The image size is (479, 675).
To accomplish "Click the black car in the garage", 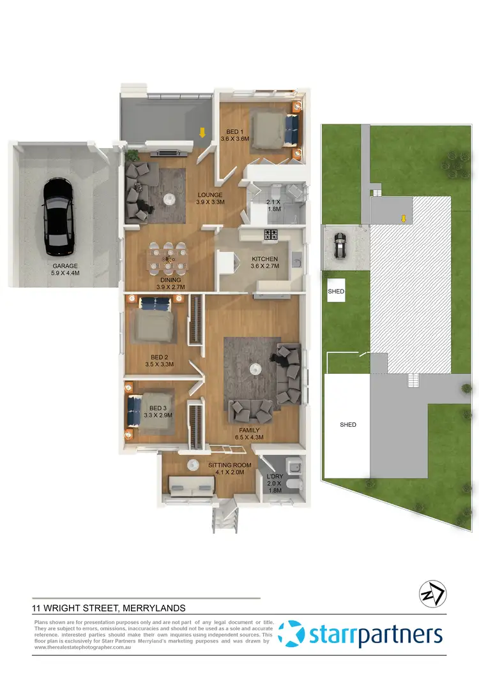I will point(57,216).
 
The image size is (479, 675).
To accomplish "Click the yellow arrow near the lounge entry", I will point(202,133).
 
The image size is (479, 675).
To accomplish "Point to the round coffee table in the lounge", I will point(170,200).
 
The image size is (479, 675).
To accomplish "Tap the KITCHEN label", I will point(264,259).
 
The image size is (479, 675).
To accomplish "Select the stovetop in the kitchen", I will point(271,234).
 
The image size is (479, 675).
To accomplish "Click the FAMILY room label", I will point(249,430).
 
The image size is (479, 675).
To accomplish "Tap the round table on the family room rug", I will point(255,367).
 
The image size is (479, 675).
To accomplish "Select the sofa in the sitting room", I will point(190,486).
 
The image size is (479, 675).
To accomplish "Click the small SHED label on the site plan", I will point(336,291).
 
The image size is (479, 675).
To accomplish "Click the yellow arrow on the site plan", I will point(403,219).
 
